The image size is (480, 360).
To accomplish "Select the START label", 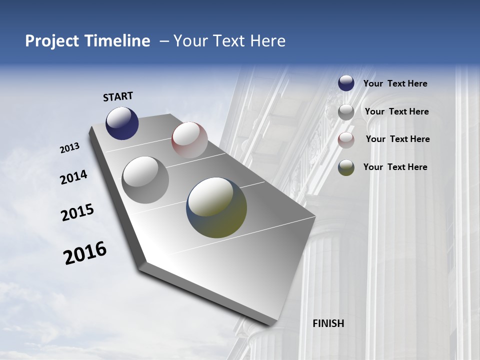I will [118, 96].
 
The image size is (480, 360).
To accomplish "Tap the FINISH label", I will [328, 323].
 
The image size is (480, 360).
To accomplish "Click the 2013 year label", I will [70, 148].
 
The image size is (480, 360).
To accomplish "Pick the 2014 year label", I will [73, 177].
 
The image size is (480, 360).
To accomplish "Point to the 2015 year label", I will [77, 212].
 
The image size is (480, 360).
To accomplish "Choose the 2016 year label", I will [85, 252].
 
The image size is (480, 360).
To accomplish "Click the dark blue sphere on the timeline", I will [122, 123].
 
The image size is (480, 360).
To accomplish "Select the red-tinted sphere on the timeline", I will [189, 140].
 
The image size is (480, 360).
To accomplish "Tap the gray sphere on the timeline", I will [145, 180].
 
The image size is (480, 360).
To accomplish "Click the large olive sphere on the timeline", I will [216, 207].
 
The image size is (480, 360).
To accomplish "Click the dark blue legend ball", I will [346, 83].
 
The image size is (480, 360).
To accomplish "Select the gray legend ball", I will [346, 112].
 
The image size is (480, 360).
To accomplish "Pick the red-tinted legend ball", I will [346, 140].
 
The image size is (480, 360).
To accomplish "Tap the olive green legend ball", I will [346, 167].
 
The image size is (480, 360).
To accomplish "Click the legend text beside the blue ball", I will [395, 83].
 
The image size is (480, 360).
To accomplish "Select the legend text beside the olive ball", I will [395, 167].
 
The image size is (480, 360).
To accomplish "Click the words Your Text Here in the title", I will [229, 41].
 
